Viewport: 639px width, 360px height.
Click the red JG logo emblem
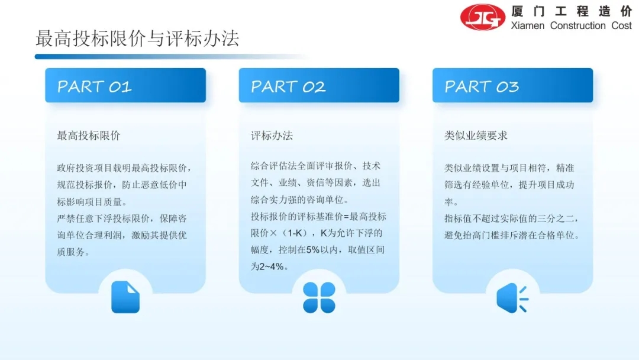(x=483, y=17)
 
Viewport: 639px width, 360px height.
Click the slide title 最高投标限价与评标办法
(x=137, y=38)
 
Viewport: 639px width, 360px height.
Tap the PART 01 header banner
(x=125, y=85)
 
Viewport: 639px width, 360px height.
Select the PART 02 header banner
(x=319, y=85)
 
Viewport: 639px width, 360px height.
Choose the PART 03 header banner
(x=512, y=85)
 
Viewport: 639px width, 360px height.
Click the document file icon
(x=125, y=297)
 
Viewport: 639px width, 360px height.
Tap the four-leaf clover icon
(x=319, y=298)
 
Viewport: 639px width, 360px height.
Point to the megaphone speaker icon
(x=512, y=298)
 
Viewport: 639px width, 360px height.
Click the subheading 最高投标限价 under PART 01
(x=88, y=136)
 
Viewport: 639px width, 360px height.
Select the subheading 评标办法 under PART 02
(x=272, y=136)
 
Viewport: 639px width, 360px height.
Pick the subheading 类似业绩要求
(x=476, y=136)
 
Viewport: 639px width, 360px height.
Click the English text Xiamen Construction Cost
(x=572, y=25)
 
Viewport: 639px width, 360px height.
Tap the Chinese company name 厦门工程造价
(x=572, y=11)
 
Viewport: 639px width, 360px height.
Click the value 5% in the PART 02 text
(x=313, y=250)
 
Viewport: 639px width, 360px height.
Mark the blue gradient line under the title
(x=171, y=57)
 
